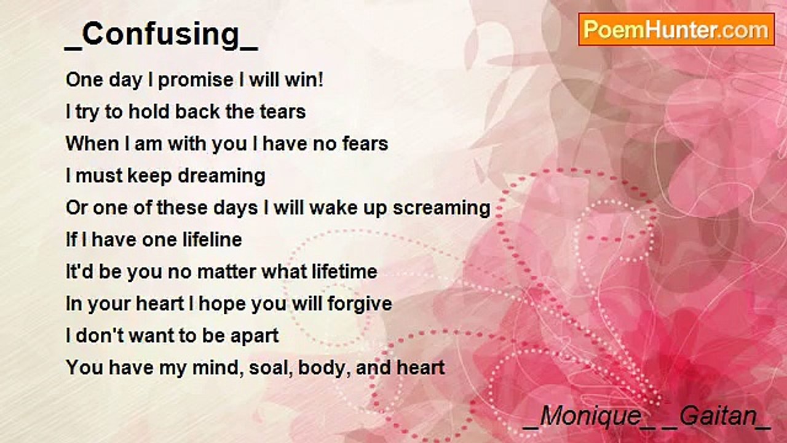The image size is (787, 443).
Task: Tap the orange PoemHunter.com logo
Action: [676, 30]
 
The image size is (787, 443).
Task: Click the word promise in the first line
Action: [196, 81]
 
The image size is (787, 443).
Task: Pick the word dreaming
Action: [222, 177]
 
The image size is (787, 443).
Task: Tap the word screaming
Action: [441, 209]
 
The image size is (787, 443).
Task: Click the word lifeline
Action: [212, 240]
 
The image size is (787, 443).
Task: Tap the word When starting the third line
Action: [92, 144]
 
